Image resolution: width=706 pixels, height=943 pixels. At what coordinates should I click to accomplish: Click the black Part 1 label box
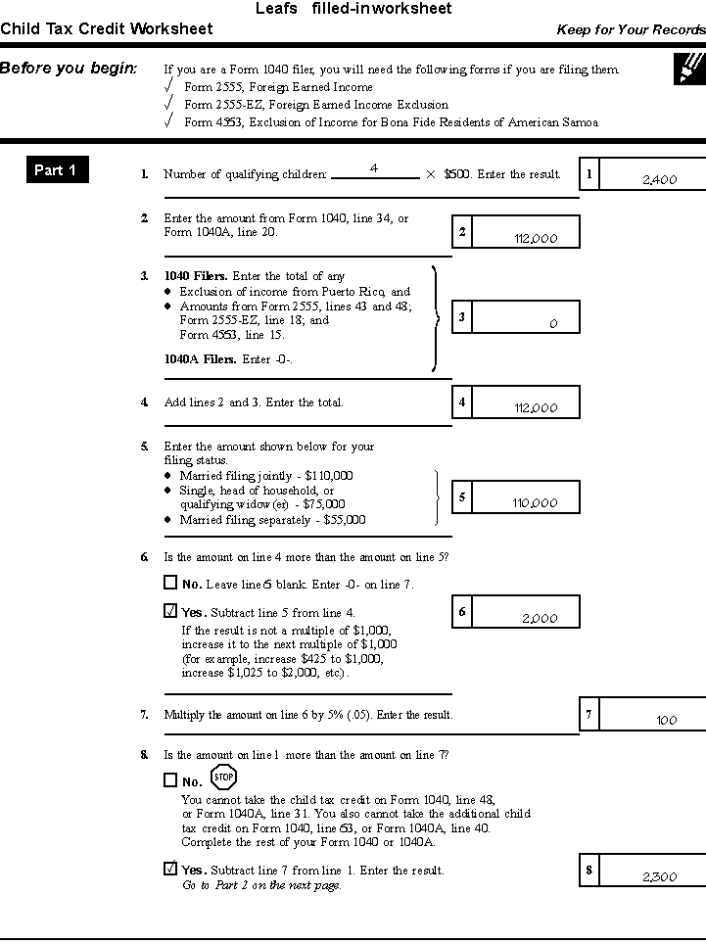pos(57,170)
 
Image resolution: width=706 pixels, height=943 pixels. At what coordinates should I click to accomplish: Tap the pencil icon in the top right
pos(689,68)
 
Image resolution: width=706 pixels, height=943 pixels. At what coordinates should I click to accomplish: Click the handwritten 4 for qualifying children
pos(374,168)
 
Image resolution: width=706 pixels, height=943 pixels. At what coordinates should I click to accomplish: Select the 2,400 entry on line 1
pos(659,180)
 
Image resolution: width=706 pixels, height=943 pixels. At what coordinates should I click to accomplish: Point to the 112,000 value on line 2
pos(536,238)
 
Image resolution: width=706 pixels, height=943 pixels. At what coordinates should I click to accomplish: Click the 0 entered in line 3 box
pos(553,323)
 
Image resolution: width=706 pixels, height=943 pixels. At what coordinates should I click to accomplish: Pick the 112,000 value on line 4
pos(536,408)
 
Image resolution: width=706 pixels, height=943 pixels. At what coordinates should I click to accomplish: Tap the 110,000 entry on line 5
pos(536,503)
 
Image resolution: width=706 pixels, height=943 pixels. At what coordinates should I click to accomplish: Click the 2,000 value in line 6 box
pos(540,619)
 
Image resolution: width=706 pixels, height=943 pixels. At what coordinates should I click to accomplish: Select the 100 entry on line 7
pos(667,721)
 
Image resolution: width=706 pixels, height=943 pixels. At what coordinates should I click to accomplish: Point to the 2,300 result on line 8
pos(659,877)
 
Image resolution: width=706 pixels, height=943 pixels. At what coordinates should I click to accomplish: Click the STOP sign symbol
pos(223,778)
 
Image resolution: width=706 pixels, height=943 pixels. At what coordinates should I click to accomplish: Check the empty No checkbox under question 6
pos(170,584)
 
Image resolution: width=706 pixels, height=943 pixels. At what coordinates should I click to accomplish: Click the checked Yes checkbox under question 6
pos(170,612)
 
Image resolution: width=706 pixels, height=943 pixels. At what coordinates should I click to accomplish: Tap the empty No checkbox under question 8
pos(170,781)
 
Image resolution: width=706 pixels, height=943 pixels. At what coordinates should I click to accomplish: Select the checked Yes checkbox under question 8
pos(170,869)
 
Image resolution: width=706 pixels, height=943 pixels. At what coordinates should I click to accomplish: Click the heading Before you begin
pos(69,69)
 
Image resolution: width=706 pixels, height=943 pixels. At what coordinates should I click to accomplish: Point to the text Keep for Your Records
pos(631,30)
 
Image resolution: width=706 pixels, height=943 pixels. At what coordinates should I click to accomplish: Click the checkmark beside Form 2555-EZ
pos(169,103)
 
